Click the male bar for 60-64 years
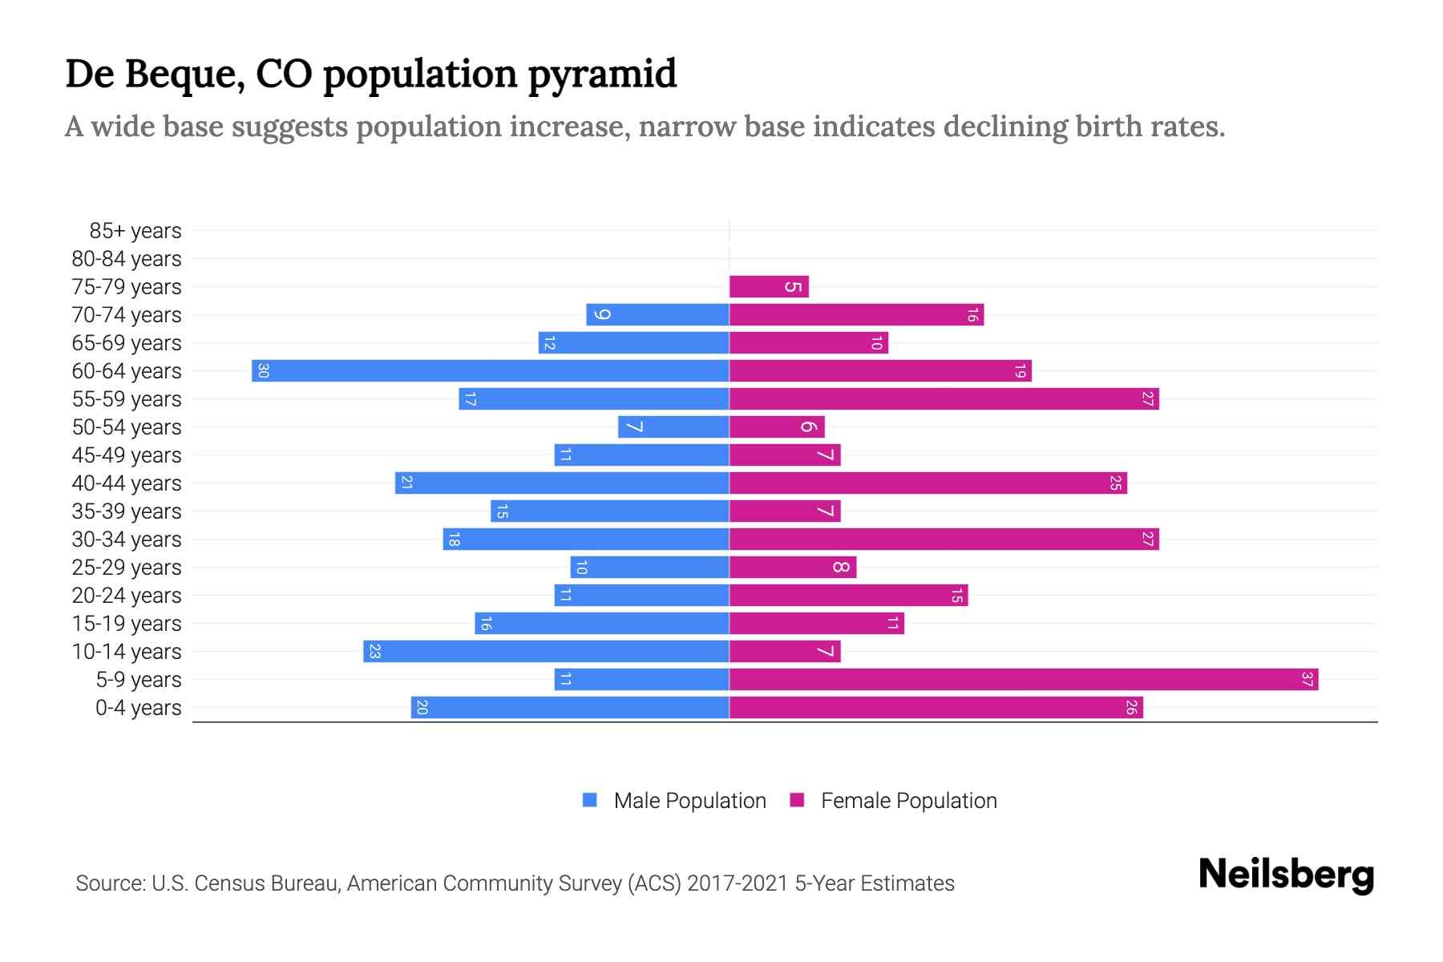490,371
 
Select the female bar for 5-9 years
1024,680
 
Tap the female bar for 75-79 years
769,287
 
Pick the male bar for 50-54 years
673,427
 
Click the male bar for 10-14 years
546,652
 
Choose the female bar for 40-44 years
928,483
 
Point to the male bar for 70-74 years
657,315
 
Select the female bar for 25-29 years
793,568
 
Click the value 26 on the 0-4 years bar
1131,708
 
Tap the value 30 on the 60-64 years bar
263,371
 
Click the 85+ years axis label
135,231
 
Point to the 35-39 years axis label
127,511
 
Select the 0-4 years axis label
138,708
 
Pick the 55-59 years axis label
127,399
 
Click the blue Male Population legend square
590,800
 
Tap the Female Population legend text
908,801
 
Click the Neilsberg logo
1286,875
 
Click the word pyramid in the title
602,74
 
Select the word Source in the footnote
110,883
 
